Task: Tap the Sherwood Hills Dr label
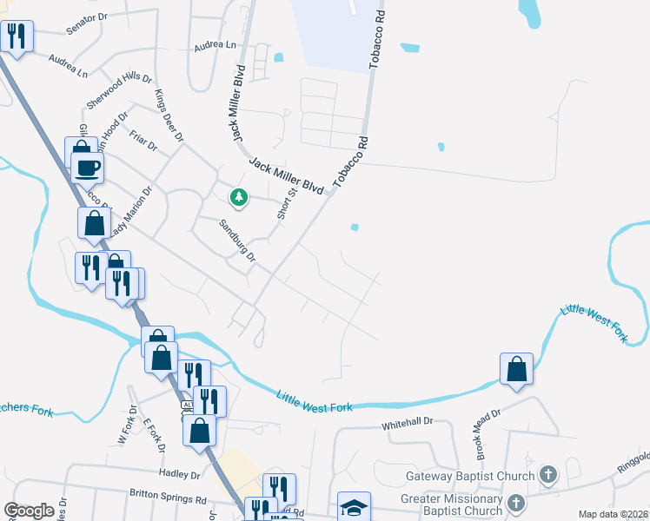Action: pyautogui.click(x=112, y=89)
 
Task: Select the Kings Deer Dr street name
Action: pyautogui.click(x=169, y=115)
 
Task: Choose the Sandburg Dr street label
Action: pyautogui.click(x=237, y=240)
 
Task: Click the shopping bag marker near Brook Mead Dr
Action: pyautogui.click(x=517, y=368)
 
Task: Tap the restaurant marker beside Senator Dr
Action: pyautogui.click(x=16, y=36)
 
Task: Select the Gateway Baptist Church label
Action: pyautogui.click(x=469, y=475)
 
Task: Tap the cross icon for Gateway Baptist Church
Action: pyautogui.click(x=548, y=474)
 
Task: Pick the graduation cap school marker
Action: pyautogui.click(x=354, y=506)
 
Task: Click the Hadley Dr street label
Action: pyautogui.click(x=180, y=473)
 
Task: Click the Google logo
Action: pyautogui.click(x=30, y=511)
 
